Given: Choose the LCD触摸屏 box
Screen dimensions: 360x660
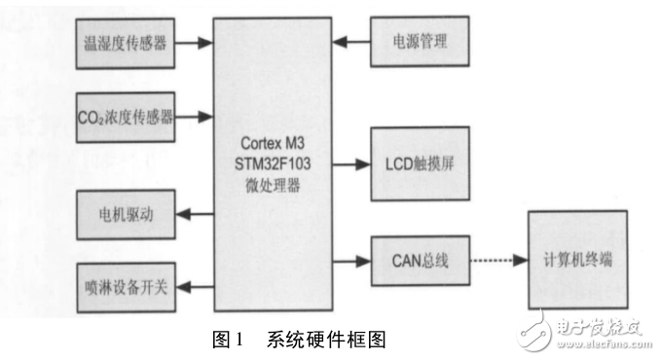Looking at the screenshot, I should click(419, 162).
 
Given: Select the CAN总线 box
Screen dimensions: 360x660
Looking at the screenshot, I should click(419, 261).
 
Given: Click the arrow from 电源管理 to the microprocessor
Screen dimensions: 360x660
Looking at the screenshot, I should click(348, 43).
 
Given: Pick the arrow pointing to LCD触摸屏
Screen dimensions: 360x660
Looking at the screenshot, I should click(349, 162).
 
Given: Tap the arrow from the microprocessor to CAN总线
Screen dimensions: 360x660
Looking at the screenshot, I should click(349, 261).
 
